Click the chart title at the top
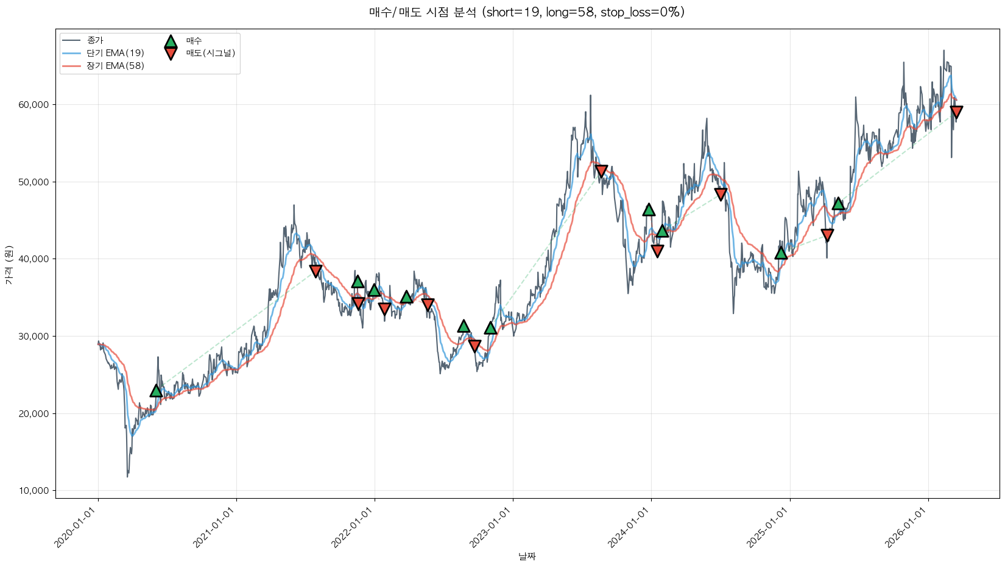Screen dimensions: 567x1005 (527, 12)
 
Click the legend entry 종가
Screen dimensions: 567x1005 (95, 40)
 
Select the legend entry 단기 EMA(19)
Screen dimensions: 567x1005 (115, 53)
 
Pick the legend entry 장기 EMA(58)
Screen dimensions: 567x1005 (115, 66)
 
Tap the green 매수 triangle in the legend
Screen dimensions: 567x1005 (171, 41)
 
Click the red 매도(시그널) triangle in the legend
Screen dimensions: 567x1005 (171, 54)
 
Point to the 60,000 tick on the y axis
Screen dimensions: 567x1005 (35, 105)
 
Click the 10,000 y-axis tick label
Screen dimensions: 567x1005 (35, 491)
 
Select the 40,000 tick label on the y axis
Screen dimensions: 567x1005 (35, 259)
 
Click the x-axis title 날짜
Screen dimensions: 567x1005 (527, 556)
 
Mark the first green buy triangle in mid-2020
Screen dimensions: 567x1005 (157, 391)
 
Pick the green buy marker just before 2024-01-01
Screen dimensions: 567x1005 (649, 210)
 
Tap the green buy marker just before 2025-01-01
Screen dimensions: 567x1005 (781, 253)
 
